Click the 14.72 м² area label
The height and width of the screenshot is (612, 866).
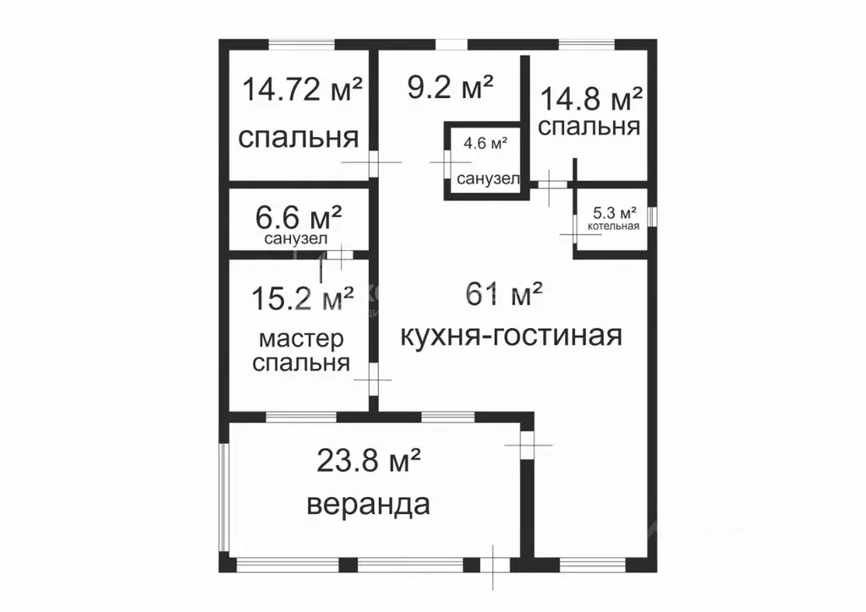[303, 89]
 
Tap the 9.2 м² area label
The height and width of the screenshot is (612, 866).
[450, 87]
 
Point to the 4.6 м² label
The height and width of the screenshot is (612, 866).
[485, 144]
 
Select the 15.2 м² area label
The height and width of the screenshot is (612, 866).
[303, 298]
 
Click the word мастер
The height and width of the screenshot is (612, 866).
[302, 340]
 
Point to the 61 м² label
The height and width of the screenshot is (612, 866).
[504, 295]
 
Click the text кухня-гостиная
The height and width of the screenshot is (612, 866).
[510, 336]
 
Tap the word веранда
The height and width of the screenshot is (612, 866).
[368, 505]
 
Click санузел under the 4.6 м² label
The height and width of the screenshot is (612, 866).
[484, 179]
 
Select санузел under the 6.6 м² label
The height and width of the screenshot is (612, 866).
[296, 239]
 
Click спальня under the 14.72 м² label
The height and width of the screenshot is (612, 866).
[298, 138]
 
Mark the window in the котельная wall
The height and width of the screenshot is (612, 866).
[652, 216]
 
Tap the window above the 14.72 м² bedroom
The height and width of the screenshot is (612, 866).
[301, 43]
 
